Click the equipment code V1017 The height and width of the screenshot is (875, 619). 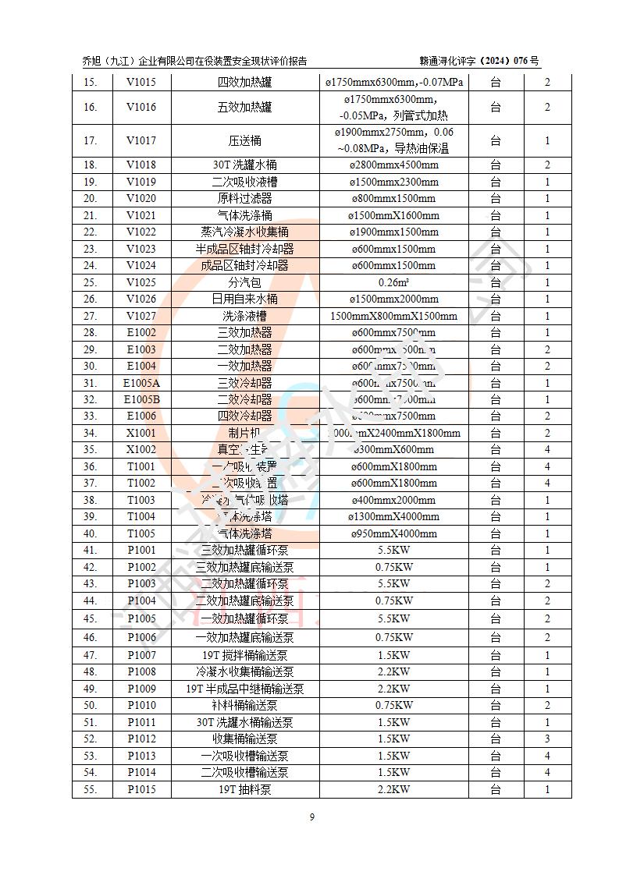pos(141,141)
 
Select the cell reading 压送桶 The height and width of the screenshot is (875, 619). pos(244,141)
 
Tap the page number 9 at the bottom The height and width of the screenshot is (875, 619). pos(311,817)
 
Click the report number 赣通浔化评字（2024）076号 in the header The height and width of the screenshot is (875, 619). pos(478,61)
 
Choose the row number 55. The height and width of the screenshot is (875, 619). pos(90,789)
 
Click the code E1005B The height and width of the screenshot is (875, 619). pos(141,399)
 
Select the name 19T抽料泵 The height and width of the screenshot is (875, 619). pos(244,789)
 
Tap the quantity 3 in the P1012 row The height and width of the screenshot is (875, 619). pos(547,739)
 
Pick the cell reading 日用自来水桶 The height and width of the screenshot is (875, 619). pos(244,299)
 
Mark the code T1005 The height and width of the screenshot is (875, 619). pos(141,533)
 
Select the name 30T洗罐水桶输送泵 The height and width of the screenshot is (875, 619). pos(244,722)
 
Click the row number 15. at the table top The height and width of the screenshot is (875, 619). pos(90,82)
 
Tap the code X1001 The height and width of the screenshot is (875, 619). pos(141,433)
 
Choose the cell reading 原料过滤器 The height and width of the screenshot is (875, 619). pos(244,198)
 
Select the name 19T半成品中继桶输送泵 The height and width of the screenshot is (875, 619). pos(244,689)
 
